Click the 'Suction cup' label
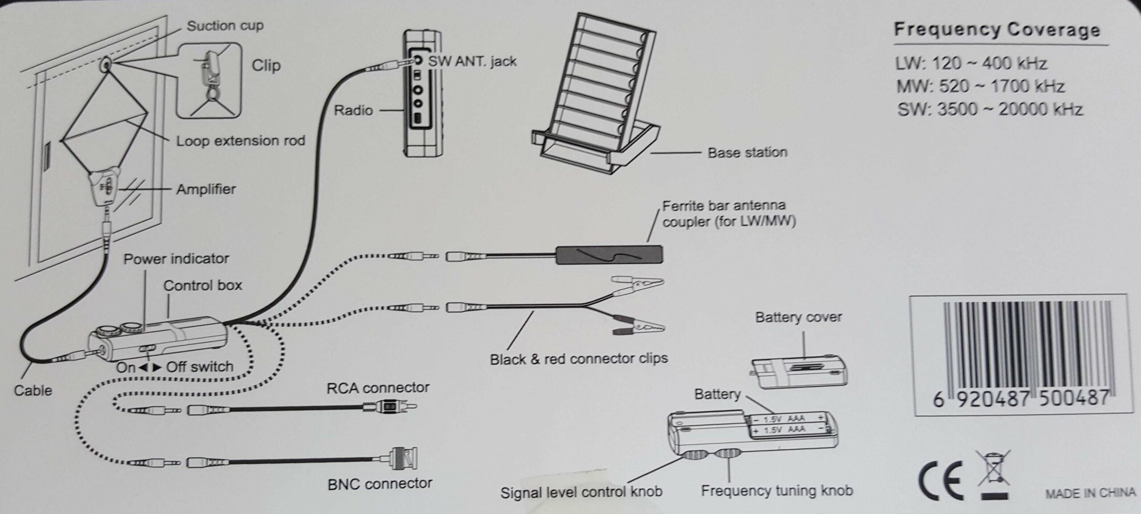[225, 26]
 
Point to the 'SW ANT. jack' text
[472, 61]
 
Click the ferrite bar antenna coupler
[609, 255]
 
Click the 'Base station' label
[747, 153]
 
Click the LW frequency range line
[971, 64]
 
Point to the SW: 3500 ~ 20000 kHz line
[990, 110]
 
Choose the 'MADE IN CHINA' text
[1090, 493]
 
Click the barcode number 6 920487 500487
[1021, 398]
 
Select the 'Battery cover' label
[798, 318]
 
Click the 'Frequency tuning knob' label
[777, 491]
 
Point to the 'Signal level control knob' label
[581, 492]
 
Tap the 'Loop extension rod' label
[241, 141]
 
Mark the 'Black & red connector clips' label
[579, 359]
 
